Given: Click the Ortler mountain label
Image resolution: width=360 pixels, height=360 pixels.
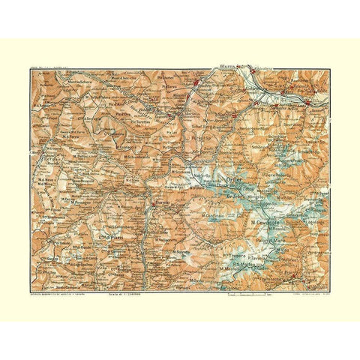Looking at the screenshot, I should [x=226, y=179].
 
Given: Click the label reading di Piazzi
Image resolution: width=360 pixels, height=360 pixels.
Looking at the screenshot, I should [x=110, y=238].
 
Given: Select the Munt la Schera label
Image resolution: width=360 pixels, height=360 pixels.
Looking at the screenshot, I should [x=83, y=80].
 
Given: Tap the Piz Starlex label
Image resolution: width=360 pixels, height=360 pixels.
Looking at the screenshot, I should [x=164, y=77].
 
